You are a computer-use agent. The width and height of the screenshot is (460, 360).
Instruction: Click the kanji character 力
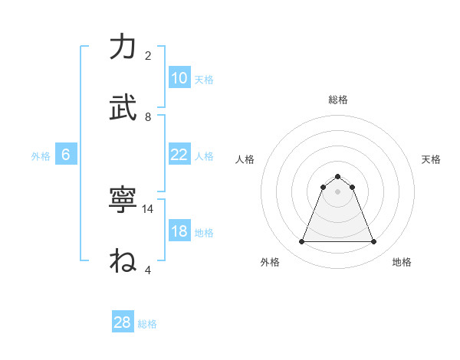click(x=123, y=47)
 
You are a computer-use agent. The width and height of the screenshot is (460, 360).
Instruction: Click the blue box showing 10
click(x=179, y=78)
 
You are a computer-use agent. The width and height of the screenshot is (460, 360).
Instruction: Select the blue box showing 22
click(x=179, y=155)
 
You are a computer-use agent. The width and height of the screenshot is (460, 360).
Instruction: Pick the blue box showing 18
click(x=179, y=231)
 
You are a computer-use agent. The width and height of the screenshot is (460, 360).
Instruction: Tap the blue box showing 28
click(x=123, y=322)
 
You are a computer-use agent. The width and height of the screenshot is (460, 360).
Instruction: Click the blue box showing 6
click(x=66, y=155)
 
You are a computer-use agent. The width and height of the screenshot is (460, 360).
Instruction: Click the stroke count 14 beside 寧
click(x=149, y=208)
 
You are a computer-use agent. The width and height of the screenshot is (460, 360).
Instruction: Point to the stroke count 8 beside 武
click(x=148, y=116)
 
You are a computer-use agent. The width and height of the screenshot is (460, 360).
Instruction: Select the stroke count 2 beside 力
click(x=148, y=55)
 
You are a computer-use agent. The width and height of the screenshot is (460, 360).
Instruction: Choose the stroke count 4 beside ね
click(x=148, y=270)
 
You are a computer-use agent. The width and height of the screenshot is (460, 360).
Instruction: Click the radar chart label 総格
click(x=337, y=100)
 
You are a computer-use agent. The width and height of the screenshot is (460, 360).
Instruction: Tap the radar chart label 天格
click(x=431, y=159)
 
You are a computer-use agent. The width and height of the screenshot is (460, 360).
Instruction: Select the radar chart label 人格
click(x=245, y=159)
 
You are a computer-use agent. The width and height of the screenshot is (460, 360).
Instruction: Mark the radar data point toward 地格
click(x=373, y=242)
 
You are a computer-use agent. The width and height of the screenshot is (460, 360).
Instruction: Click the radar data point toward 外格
click(x=301, y=242)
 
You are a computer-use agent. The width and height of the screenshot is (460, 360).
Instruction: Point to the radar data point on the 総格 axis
click(x=337, y=176)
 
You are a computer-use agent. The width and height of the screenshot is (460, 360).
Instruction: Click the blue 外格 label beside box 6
click(x=41, y=155)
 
